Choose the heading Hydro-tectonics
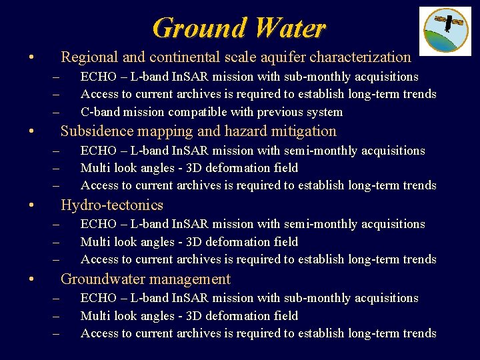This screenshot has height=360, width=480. tap(112, 205)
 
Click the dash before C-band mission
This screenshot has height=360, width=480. tap(56, 112)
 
